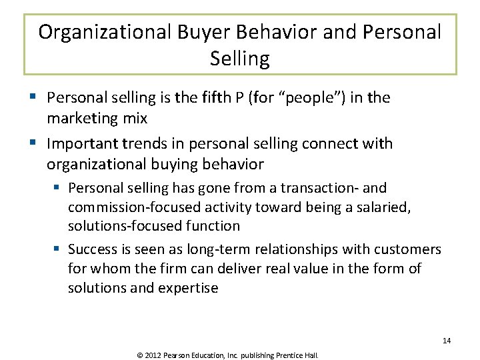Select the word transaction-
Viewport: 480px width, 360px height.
(x=323, y=189)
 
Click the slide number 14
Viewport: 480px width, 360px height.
(x=447, y=341)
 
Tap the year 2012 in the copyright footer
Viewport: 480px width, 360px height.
(x=153, y=355)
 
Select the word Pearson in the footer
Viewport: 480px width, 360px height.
(x=177, y=355)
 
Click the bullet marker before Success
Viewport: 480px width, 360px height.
(x=58, y=249)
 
